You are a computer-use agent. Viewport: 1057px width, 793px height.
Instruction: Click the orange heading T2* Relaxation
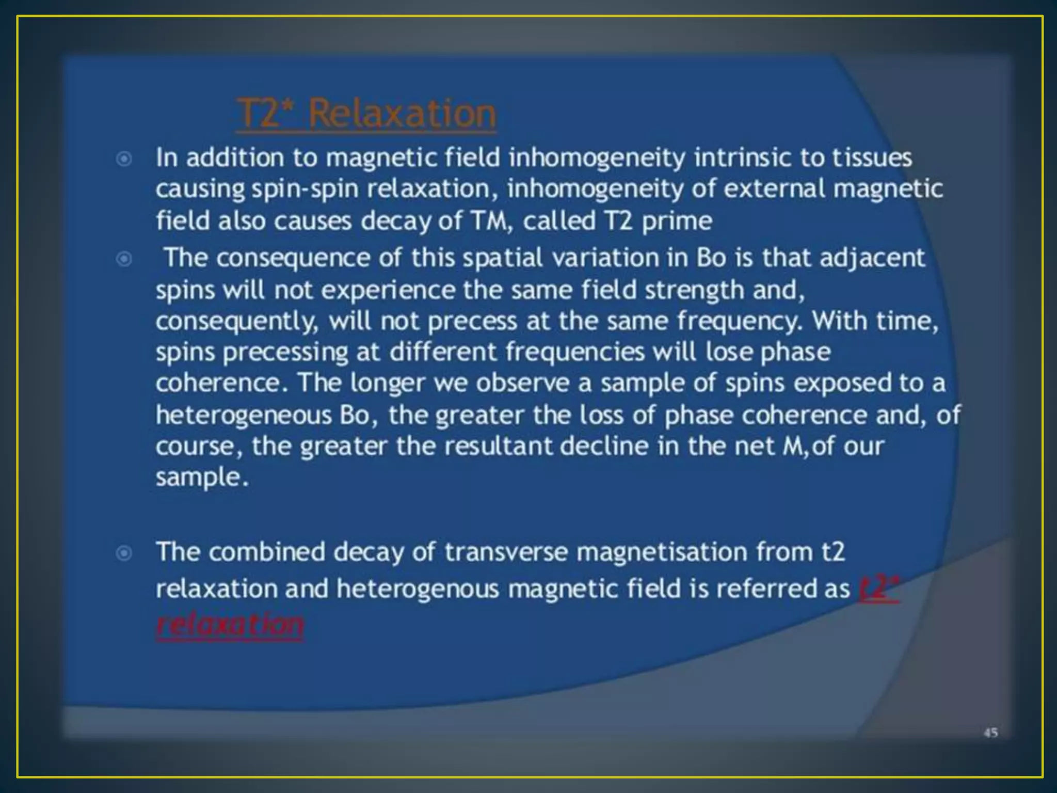pyautogui.click(x=366, y=114)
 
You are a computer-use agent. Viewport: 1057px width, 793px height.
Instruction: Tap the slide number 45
pyautogui.click(x=990, y=732)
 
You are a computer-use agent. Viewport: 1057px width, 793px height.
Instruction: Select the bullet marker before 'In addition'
pyautogui.click(x=124, y=158)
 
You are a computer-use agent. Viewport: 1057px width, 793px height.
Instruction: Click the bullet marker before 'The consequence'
pyautogui.click(x=124, y=258)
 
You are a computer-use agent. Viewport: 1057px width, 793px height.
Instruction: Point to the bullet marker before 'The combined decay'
pyautogui.click(x=124, y=553)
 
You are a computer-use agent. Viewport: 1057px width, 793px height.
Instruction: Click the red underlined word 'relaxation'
pyautogui.click(x=230, y=626)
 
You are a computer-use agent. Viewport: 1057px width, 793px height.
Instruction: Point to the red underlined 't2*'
pyautogui.click(x=879, y=589)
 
